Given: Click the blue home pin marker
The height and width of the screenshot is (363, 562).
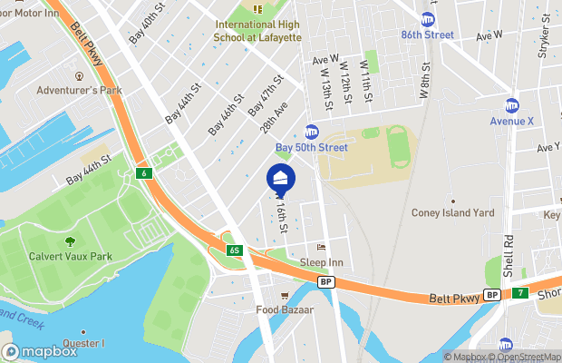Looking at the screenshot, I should [x=280, y=179].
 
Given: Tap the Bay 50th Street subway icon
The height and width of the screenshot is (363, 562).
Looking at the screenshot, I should [x=312, y=132].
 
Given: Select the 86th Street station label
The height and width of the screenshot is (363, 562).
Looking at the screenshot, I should [x=453, y=35].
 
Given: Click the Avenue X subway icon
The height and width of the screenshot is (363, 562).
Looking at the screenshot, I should [x=512, y=105].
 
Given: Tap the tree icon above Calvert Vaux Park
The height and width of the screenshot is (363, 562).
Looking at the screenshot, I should [x=70, y=241].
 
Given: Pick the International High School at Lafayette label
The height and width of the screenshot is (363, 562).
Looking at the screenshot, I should [x=257, y=30].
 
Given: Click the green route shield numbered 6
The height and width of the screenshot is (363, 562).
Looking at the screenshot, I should [x=142, y=172].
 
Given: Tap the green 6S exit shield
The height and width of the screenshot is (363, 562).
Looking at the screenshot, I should [x=234, y=249].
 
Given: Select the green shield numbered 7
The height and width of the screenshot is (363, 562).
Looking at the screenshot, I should [x=520, y=294].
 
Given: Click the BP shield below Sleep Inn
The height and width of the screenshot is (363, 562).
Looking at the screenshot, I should [x=325, y=282].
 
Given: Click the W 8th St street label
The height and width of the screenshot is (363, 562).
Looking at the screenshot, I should [x=423, y=77].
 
